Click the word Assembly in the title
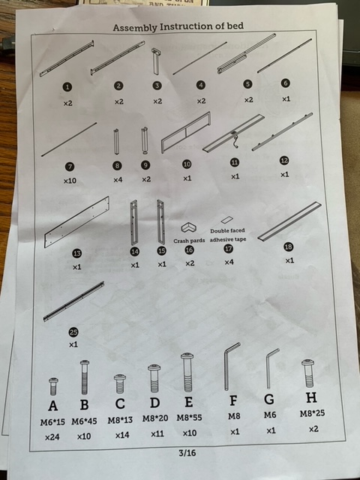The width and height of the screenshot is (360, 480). tap(135, 28)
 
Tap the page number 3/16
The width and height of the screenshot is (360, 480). tap(187, 453)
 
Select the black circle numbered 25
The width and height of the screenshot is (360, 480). tap(73, 332)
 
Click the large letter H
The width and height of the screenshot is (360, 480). tap(311, 397)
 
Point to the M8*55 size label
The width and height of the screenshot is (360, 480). tap(189, 418)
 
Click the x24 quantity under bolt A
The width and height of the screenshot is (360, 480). tap(52, 437)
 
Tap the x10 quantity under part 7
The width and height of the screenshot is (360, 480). tap(70, 181)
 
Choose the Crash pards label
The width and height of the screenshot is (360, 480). tap(189, 241)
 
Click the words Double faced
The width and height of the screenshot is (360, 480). tap(227, 230)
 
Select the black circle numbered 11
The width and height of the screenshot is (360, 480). tap(235, 162)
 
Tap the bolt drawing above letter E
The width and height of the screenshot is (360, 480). tap(187, 372)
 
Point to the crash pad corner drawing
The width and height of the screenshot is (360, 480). tap(188, 228)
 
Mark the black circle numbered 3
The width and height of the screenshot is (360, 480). tap(157, 85)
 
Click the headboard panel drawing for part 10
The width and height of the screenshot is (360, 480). tap(186, 132)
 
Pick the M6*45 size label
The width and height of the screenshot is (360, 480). tap(84, 421)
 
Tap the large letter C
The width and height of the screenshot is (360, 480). tap(120, 403)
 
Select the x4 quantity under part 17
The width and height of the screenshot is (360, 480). tap(229, 262)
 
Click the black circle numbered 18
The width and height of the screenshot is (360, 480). tap(289, 247)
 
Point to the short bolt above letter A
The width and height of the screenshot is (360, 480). tap(53, 386)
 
